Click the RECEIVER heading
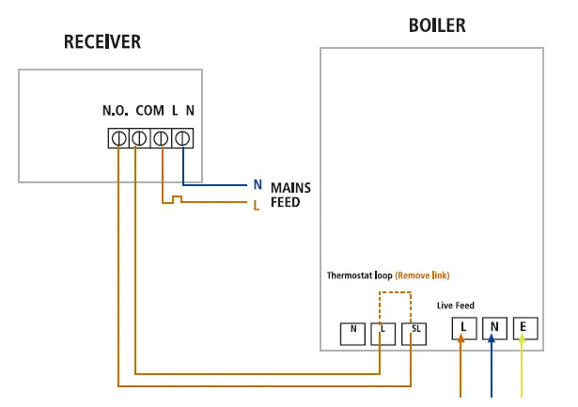click(x=102, y=42)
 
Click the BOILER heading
click(x=437, y=25)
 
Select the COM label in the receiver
click(x=149, y=111)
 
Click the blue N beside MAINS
click(x=257, y=185)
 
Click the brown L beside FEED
click(x=257, y=203)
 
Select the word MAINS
click(x=290, y=187)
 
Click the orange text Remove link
click(x=422, y=275)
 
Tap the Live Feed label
click(x=456, y=305)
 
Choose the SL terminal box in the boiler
click(x=414, y=332)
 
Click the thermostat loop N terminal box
click(x=352, y=332)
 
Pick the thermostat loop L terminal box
click(x=383, y=332)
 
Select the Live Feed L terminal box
click(x=462, y=328)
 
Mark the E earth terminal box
click(x=523, y=328)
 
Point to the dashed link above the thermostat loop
click(x=395, y=293)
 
